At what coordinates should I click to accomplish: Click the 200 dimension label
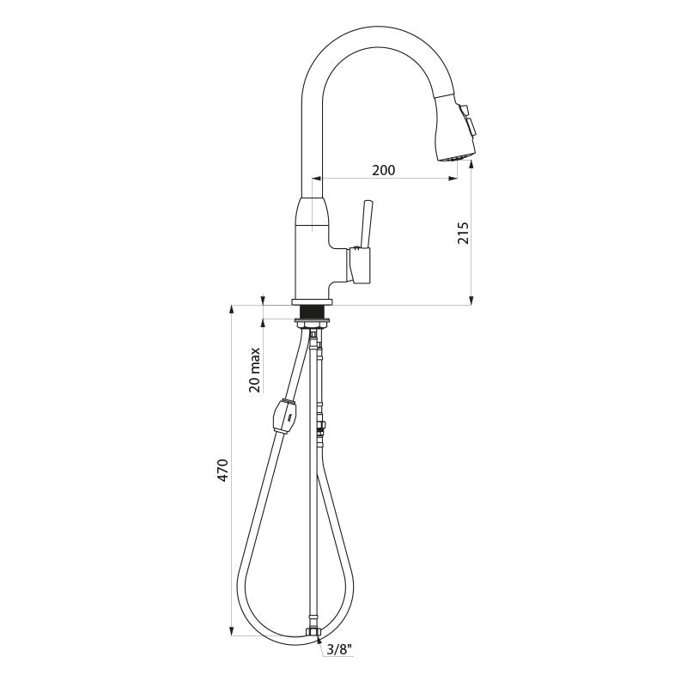click(x=383, y=169)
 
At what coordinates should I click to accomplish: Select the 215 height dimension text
click(x=463, y=233)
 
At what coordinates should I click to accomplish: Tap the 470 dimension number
click(x=222, y=471)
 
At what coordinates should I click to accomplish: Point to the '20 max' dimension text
click(x=254, y=370)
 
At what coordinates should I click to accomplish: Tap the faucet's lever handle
click(x=366, y=224)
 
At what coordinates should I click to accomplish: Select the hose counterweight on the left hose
click(x=285, y=415)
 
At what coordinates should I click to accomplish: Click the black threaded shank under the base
click(x=312, y=313)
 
